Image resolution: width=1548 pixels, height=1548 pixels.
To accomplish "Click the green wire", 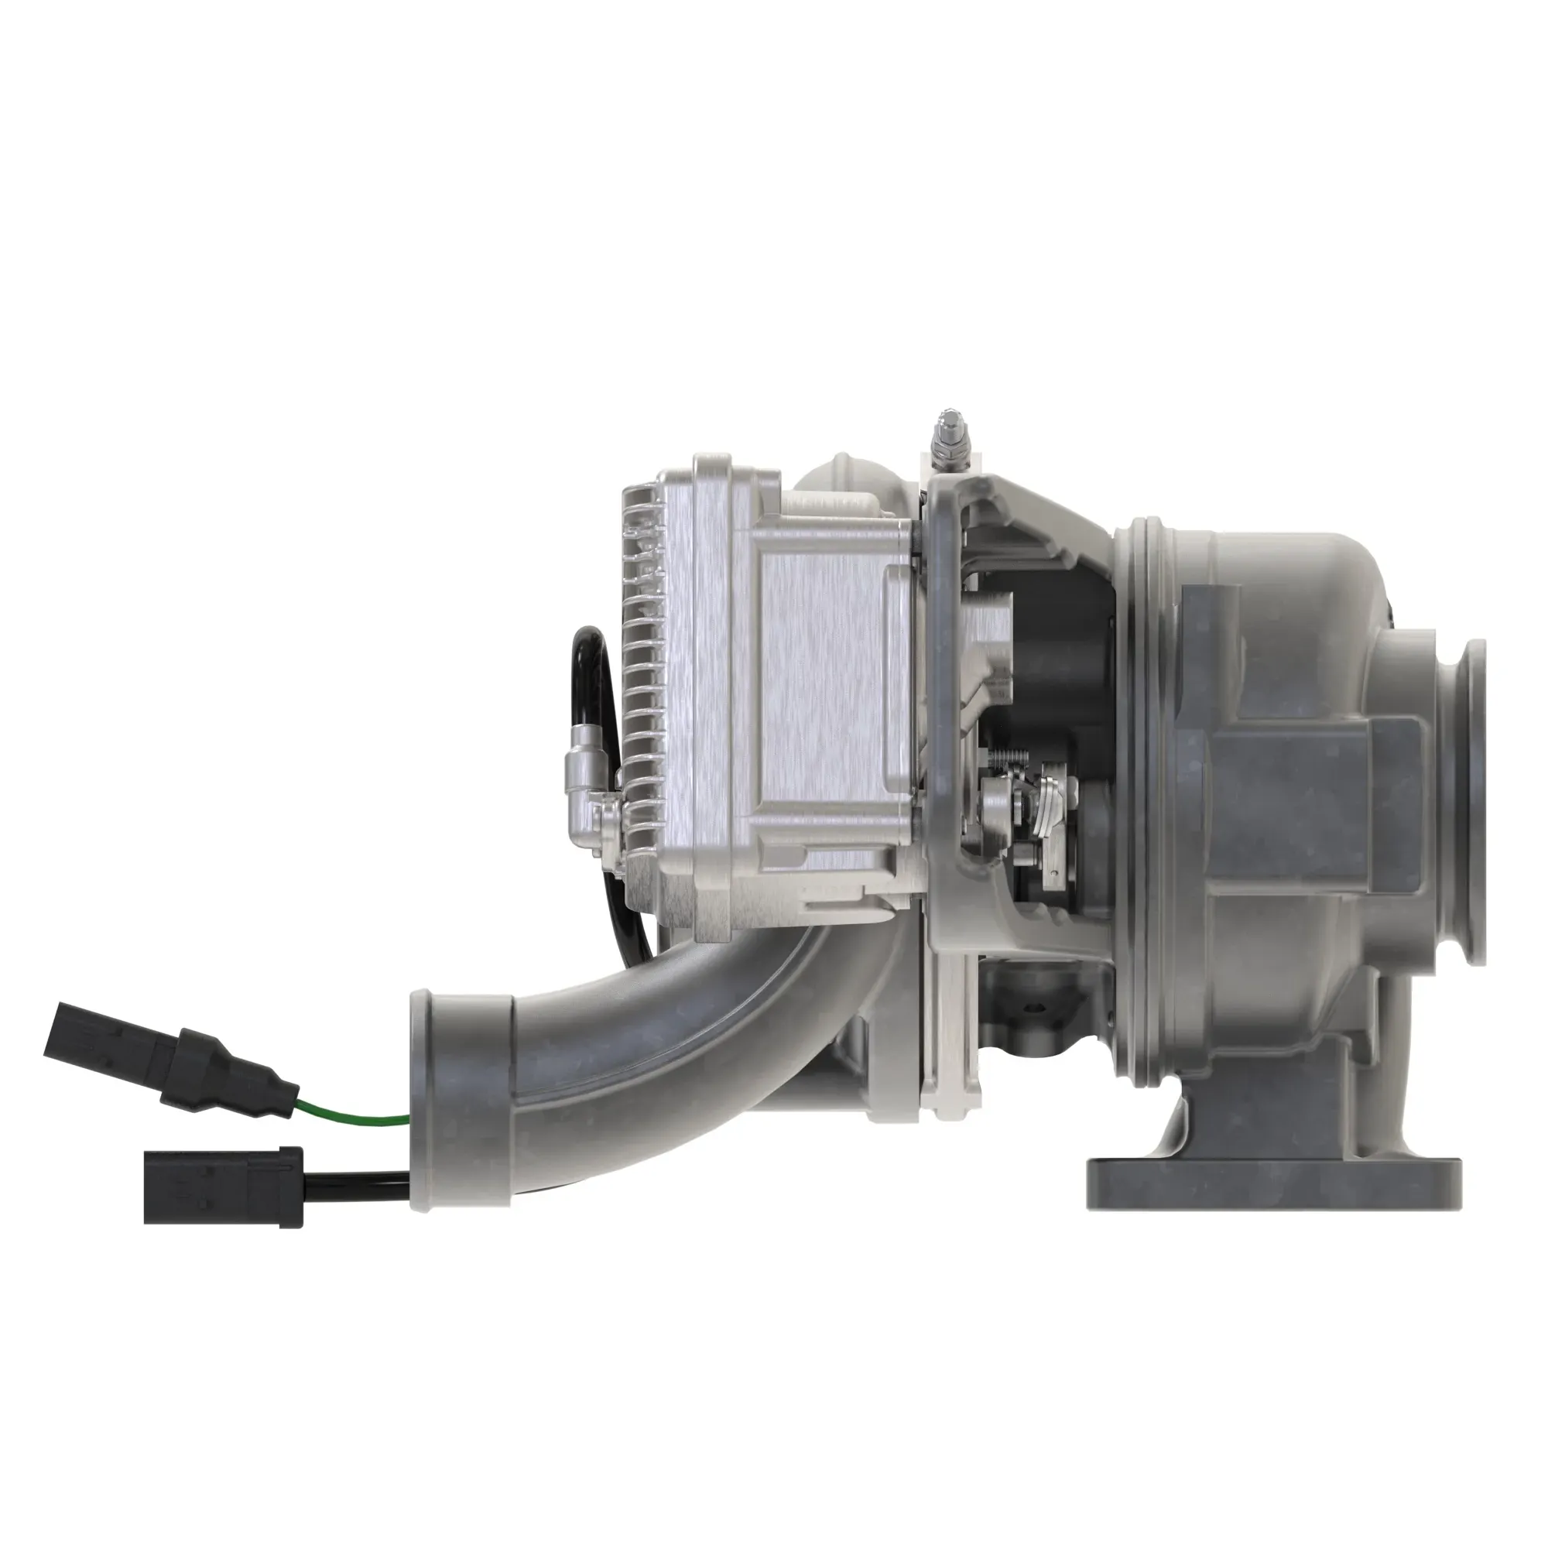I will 352,1116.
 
